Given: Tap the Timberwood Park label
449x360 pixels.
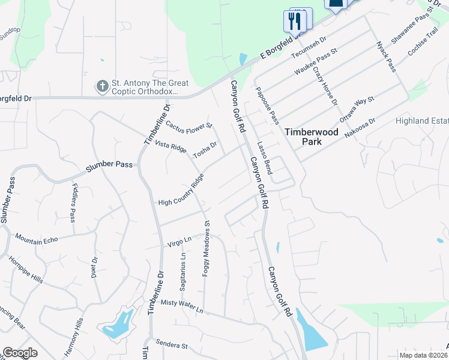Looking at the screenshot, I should (x=303, y=137).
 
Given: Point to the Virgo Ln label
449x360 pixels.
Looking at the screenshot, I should (x=179, y=241).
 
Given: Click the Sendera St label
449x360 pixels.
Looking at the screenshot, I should (x=172, y=346).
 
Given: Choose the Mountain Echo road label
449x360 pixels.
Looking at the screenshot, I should (x=37, y=239).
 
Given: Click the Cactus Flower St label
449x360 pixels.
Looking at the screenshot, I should (x=189, y=126).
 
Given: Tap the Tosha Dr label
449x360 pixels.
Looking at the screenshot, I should (x=204, y=150).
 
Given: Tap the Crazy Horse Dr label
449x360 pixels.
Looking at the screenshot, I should (x=325, y=86).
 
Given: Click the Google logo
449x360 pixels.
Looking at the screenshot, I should (x=20, y=352).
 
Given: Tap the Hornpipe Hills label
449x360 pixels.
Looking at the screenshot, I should (x=25, y=271).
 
